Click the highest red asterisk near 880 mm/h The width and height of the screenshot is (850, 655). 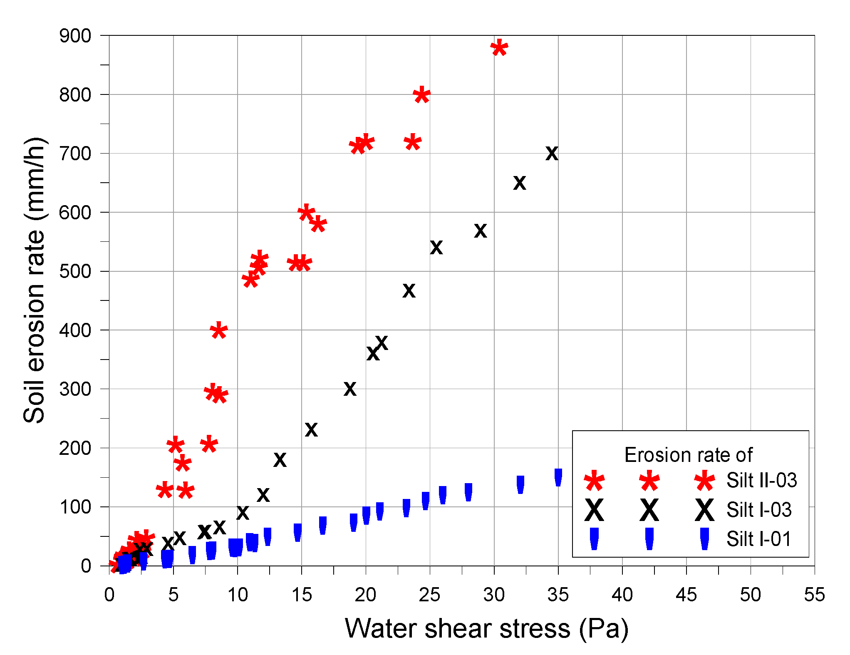499,48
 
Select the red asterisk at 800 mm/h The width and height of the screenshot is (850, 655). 421,95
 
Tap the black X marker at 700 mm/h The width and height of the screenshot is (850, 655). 551,154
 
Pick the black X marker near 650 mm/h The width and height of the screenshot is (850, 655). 519,183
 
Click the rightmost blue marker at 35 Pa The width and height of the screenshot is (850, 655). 558,477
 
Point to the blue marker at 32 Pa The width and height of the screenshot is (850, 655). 520,484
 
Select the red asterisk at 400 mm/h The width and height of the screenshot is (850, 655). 218,331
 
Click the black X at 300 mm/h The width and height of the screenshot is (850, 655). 350,389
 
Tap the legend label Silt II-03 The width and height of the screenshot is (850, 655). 761,480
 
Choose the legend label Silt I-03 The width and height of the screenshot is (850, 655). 759,510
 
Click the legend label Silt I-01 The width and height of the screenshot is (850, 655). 758,539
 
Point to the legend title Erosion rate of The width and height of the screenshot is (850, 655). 688,455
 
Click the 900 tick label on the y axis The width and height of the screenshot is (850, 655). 75,36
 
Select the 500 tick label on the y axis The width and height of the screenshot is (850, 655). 75,272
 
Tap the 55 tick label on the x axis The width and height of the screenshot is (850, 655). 814,595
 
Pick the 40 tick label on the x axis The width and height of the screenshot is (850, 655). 622,595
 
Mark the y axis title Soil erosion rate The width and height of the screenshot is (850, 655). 34,280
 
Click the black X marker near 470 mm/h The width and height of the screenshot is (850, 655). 409,291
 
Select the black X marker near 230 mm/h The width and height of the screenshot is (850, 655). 311,430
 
